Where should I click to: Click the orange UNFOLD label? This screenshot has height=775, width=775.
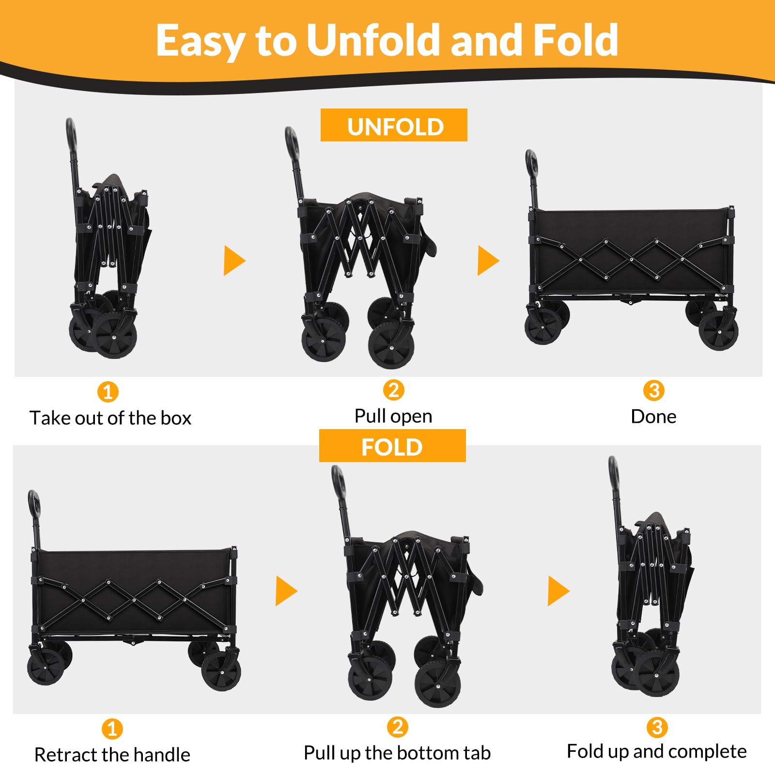coord(394,125)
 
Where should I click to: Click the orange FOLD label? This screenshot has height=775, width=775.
coord(392,446)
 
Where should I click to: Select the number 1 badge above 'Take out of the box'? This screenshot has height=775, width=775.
coord(108,392)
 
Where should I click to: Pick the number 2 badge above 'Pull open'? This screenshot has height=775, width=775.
coord(393,390)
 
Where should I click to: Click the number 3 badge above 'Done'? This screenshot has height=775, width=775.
coord(654,390)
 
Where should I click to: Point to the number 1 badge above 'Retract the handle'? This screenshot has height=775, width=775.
coord(112,729)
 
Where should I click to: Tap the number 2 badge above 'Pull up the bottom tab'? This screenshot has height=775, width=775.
coord(397,727)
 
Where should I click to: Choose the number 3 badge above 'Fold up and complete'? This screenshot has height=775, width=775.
coord(657,727)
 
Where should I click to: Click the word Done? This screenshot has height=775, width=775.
coord(653,417)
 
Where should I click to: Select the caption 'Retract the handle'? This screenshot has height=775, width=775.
coord(112,755)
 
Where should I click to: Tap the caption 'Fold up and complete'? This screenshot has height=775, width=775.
coord(657,752)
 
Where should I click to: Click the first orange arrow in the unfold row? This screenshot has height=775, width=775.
coord(234,261)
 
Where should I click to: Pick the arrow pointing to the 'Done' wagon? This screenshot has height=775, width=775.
coord(488,261)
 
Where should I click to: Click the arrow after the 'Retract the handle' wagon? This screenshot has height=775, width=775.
coord(286,590)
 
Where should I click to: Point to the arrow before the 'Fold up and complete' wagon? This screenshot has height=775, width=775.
coord(558,590)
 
